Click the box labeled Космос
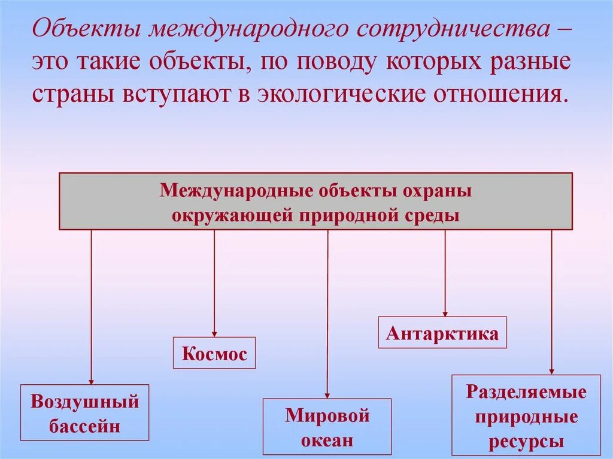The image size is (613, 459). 214,353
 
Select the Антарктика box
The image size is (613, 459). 442,333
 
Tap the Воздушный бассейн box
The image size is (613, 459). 84,413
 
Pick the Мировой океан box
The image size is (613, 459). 327,427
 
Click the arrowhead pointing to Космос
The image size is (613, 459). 214,333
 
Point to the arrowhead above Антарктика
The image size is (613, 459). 445,313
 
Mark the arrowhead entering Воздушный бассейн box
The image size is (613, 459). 92,381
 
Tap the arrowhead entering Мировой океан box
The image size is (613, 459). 327,395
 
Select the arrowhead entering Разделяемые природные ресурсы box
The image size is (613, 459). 551,371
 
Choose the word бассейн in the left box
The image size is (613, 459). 84,426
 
